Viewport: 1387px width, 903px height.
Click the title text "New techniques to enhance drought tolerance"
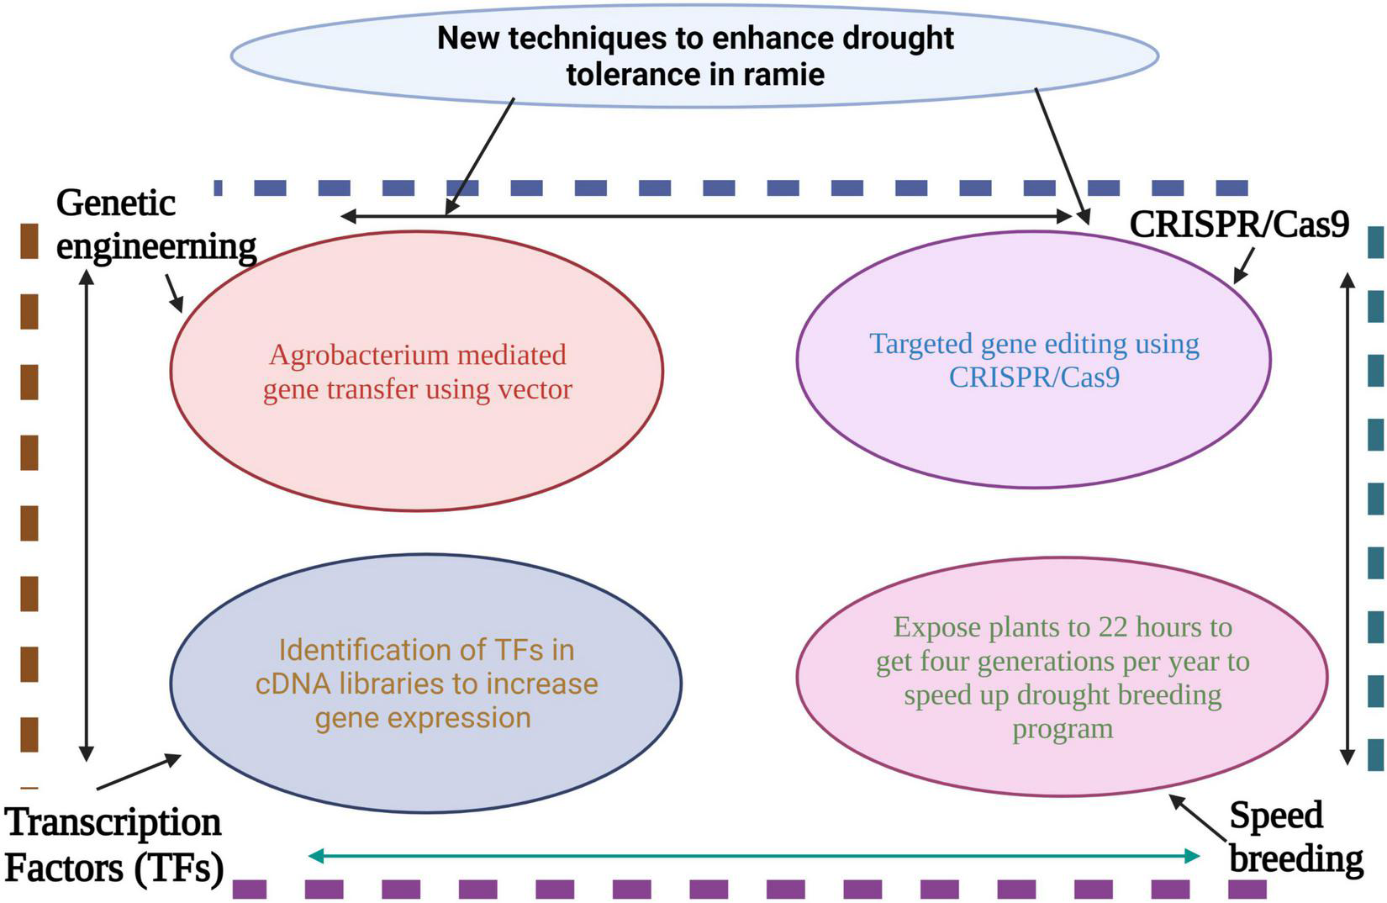695,39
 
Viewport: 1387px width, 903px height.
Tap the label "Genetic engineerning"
156,225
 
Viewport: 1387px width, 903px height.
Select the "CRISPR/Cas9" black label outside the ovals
1239,224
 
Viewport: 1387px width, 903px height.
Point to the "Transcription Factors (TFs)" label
115,845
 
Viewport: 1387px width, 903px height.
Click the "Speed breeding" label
1295,837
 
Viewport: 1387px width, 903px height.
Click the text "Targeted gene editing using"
1034,344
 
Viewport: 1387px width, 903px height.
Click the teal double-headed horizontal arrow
754,856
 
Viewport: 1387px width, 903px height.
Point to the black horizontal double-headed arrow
706,217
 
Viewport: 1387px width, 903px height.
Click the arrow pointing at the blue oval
140,772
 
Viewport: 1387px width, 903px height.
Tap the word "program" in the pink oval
1063,728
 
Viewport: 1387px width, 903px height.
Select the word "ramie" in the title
784,75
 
